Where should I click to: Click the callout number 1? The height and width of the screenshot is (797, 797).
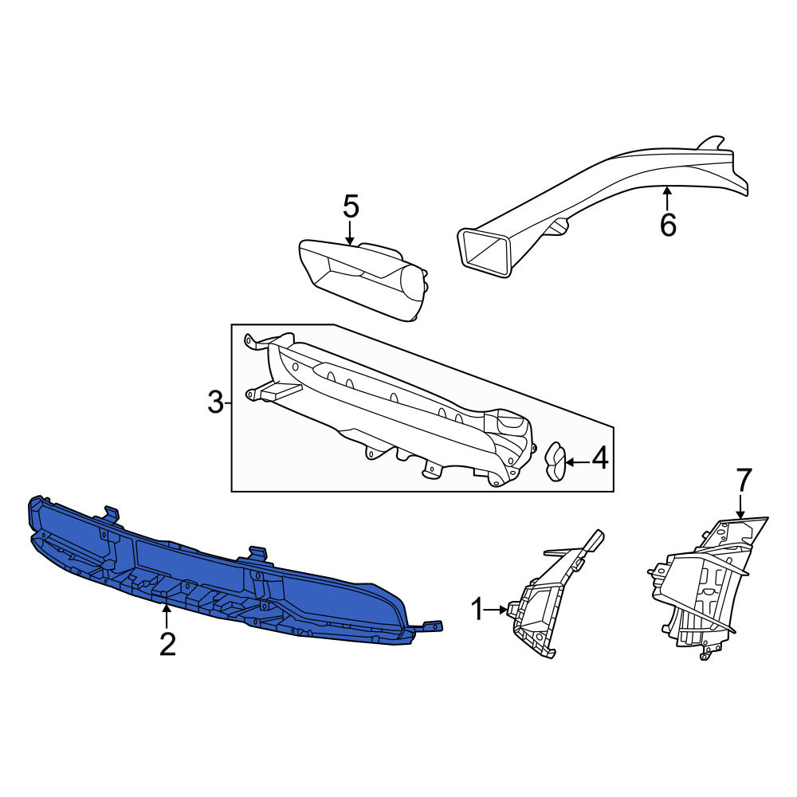pos(477,610)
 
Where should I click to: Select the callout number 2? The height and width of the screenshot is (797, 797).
pos(167,644)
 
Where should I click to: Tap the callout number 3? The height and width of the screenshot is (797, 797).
pos(215,402)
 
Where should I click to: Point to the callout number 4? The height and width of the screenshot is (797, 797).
pos(600,458)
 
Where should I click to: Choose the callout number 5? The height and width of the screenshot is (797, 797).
pos(351,206)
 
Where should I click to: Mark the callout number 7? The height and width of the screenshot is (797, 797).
pos(743,480)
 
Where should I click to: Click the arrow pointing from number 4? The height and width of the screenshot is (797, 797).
pos(578,462)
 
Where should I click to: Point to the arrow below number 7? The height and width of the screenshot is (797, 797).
pos(740,507)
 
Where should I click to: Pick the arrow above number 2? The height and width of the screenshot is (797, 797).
pos(165,616)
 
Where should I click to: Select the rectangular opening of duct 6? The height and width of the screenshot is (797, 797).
pos(485,253)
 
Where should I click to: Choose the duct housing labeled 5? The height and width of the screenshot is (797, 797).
pos(363,279)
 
